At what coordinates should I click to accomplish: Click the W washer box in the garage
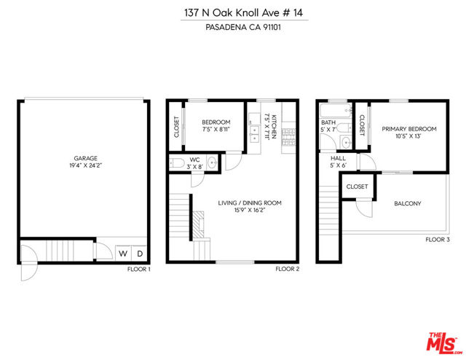pyautogui.click(x=123, y=253)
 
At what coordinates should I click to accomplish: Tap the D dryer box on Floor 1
pyautogui.click(x=139, y=253)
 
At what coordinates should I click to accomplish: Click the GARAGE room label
pyautogui.click(x=86, y=158)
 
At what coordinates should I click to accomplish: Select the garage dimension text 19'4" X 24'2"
pyautogui.click(x=86, y=165)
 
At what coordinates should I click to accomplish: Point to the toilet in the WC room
pyautogui.click(x=177, y=163)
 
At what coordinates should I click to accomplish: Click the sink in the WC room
pyautogui.click(x=212, y=163)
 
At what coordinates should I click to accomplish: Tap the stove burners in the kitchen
pyautogui.click(x=288, y=137)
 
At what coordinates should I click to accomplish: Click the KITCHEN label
pyautogui.click(x=274, y=127)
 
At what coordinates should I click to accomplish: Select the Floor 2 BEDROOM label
pyautogui.click(x=216, y=122)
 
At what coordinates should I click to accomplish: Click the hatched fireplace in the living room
pyautogui.click(x=198, y=224)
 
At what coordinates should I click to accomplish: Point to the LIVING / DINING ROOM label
pyautogui.click(x=250, y=203)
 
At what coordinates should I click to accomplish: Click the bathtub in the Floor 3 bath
pyautogui.click(x=336, y=110)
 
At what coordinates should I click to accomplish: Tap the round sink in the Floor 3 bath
pyautogui.click(x=346, y=143)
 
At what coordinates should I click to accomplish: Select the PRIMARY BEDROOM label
pyautogui.click(x=409, y=129)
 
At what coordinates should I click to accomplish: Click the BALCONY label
pyautogui.click(x=408, y=203)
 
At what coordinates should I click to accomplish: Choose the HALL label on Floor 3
pyautogui.click(x=338, y=158)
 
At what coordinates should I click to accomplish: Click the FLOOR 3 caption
pyautogui.click(x=438, y=240)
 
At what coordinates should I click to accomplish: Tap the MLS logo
pyautogui.click(x=443, y=343)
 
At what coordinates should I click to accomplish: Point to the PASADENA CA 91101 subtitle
pyautogui.click(x=243, y=28)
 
